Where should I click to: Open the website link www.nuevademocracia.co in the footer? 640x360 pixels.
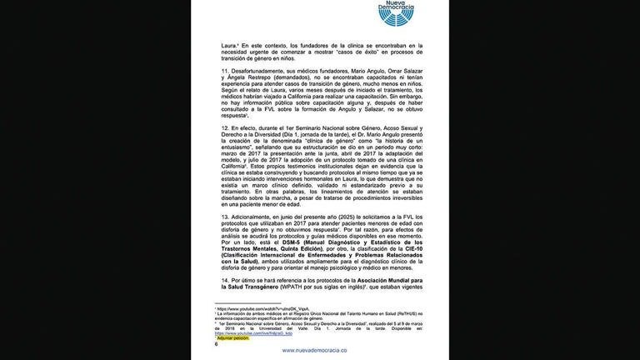[x=321, y=351]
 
